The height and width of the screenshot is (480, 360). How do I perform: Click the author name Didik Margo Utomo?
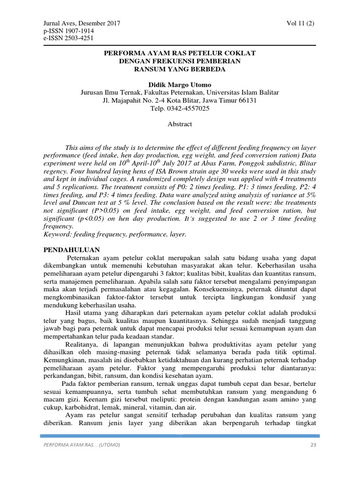pyautogui.click(x=180, y=85)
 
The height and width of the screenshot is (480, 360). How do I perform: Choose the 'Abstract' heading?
pyautogui.click(x=180, y=124)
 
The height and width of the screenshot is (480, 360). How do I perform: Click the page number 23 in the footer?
pyautogui.click(x=313, y=445)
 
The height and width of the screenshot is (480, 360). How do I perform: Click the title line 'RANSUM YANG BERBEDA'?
pyautogui.click(x=180, y=69)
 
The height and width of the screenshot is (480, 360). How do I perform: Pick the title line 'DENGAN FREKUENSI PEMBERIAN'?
pyautogui.click(x=180, y=61)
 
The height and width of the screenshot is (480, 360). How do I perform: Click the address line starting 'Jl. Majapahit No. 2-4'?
pyautogui.click(x=180, y=100)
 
